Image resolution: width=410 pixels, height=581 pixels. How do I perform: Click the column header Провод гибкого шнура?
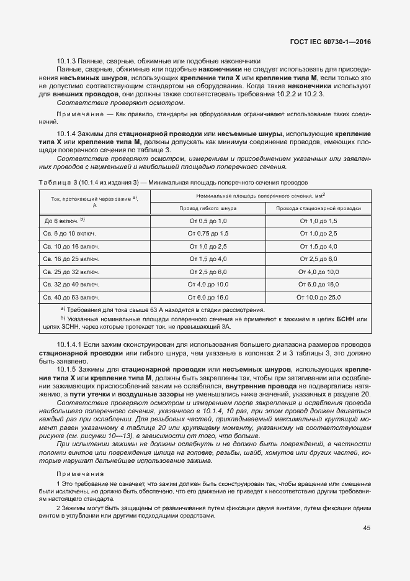click(208, 209)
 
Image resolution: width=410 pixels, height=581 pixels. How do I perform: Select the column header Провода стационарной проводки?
click(318, 209)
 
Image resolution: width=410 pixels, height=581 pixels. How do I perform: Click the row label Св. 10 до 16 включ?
click(72, 246)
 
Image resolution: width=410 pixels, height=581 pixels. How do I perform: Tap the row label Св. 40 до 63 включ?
click(72, 297)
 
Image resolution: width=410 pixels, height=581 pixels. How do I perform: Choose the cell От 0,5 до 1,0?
click(208, 221)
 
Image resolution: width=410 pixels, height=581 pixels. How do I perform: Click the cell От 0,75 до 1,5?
click(208, 234)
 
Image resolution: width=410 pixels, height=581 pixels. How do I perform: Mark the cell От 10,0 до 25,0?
click(318, 297)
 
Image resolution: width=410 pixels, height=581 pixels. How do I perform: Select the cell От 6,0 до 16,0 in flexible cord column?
click(208, 297)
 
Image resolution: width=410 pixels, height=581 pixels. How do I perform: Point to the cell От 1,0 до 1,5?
click(318, 221)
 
